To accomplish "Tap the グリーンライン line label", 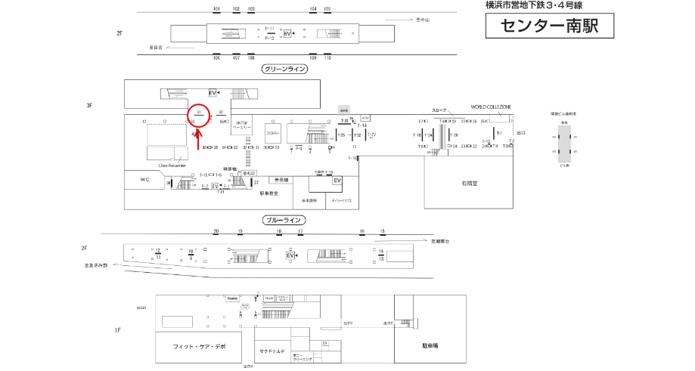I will pyautogui.click(x=284, y=69).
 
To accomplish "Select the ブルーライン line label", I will pyautogui.click(x=284, y=221).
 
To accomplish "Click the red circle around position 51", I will pyautogui.click(x=197, y=114).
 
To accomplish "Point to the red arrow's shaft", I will pyautogui.click(x=199, y=141).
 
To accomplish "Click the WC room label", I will pyautogui.click(x=145, y=180).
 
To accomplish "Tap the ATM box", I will pyautogui.click(x=366, y=118).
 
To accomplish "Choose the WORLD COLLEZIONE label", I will pyautogui.click(x=491, y=107).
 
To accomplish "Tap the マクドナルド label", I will pyautogui.click(x=272, y=351).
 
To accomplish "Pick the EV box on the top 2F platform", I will pyautogui.click(x=287, y=34).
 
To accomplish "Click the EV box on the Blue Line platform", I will pyautogui.click(x=290, y=255).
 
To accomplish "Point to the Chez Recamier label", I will pyautogui.click(x=172, y=165).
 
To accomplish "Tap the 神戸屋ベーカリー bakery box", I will pyautogui.click(x=241, y=126).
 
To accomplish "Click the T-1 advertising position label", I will pyautogui.click(x=499, y=133).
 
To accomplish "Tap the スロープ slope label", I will pyautogui.click(x=440, y=110).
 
